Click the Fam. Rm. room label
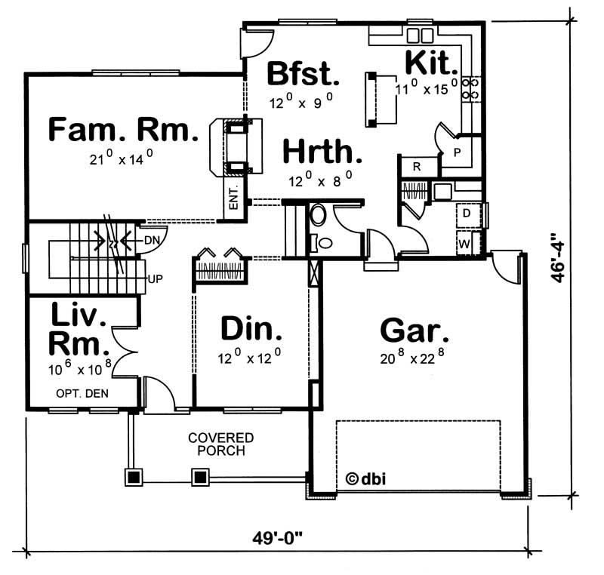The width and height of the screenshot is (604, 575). tap(122, 130)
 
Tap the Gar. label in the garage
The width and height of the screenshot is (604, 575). tap(414, 331)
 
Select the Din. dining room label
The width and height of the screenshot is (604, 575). tap(252, 329)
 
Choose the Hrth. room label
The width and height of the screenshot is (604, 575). tap(322, 152)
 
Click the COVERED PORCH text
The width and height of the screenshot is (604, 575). tap(221, 444)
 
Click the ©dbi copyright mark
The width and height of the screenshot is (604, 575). tap(367, 478)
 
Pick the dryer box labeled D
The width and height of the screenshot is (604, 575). tap(467, 214)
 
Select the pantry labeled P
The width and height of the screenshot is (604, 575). tap(457, 152)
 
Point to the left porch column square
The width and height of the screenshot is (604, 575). tap(134, 477)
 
